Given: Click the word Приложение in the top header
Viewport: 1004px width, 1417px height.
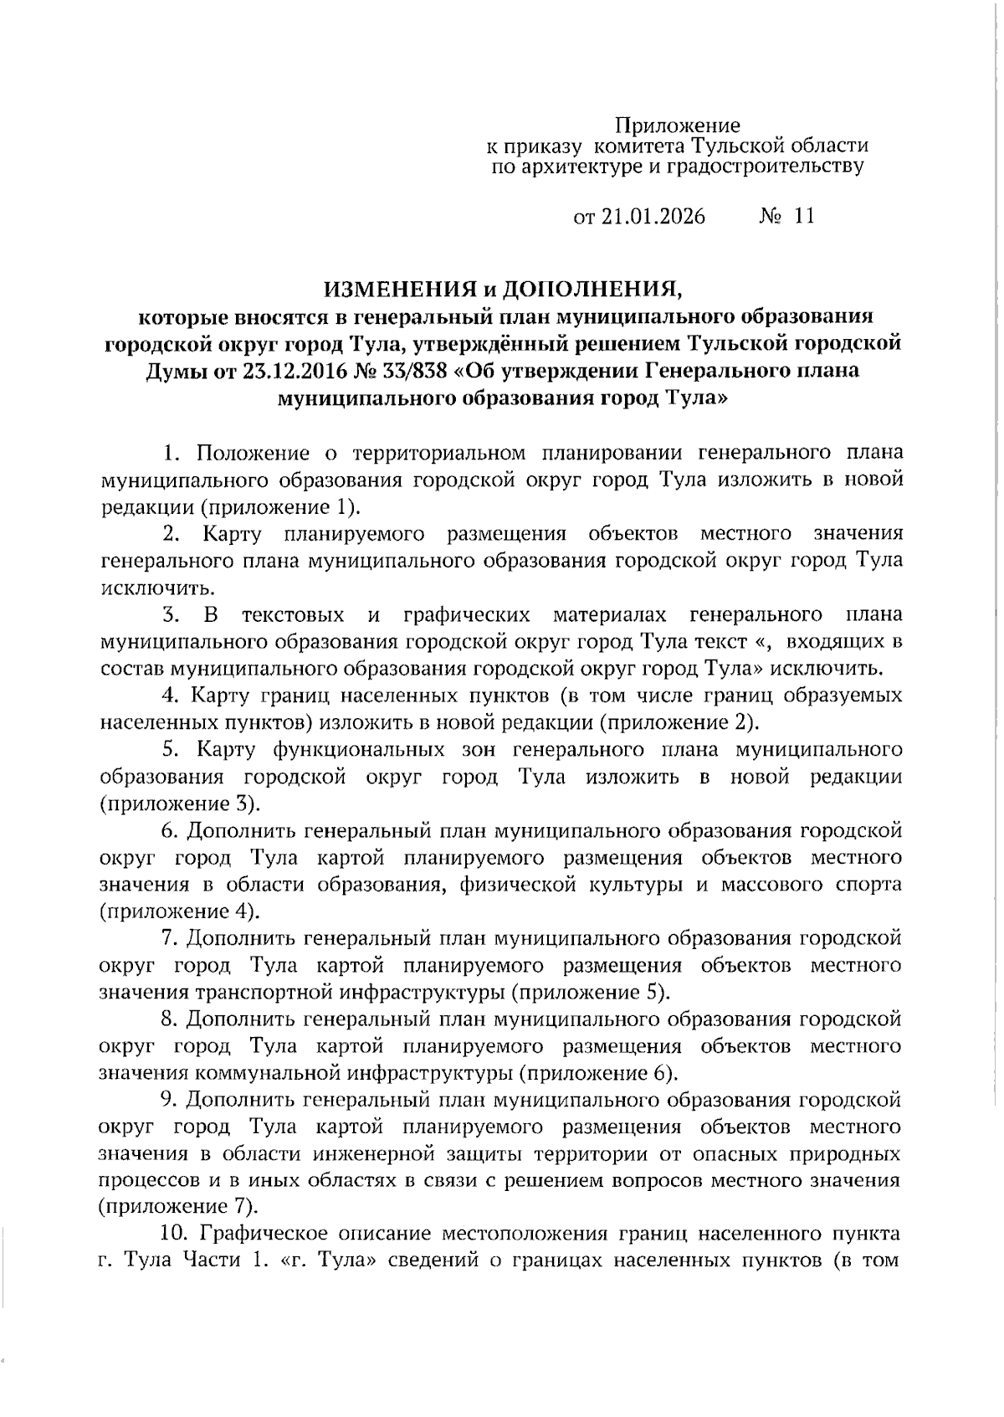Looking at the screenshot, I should point(678,126).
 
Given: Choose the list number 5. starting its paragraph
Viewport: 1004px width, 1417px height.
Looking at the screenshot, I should point(174,749).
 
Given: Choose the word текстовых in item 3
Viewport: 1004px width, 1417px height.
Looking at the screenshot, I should point(293,615).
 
